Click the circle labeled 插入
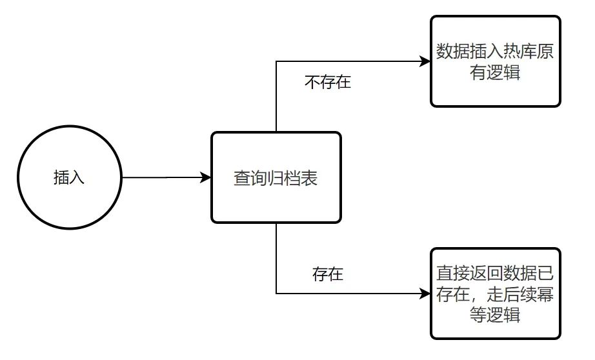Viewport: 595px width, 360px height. click(x=69, y=177)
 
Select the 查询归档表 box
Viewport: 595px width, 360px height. click(x=276, y=177)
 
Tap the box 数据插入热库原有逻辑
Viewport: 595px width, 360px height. click(x=495, y=61)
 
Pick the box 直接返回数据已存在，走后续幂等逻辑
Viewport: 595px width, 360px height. click(x=495, y=294)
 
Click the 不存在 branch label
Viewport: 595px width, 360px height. click(x=327, y=83)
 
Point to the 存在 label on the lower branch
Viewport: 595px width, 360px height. click(x=327, y=274)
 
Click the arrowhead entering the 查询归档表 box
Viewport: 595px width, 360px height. click(x=207, y=177)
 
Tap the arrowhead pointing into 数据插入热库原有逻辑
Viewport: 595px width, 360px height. click(x=425, y=62)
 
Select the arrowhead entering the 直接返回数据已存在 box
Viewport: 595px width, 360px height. click(x=425, y=294)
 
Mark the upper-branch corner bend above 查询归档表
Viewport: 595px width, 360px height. click(x=276, y=62)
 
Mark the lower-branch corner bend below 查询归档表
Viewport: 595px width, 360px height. click(x=276, y=294)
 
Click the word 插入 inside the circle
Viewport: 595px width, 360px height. click(x=69, y=177)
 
